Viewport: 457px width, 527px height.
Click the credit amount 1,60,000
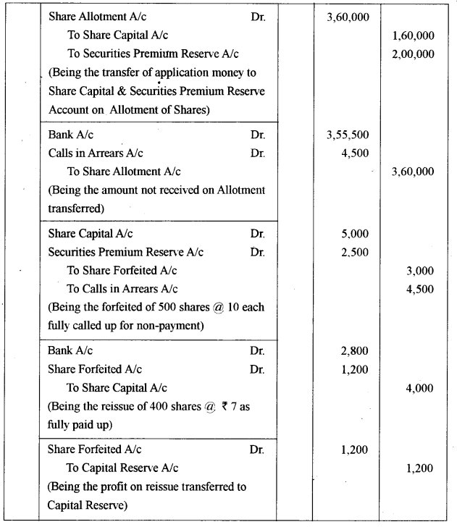[412, 35]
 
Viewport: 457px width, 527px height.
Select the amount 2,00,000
[412, 54]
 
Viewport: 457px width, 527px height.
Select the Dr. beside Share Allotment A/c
[258, 17]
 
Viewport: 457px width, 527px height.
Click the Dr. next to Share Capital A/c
[258, 234]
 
